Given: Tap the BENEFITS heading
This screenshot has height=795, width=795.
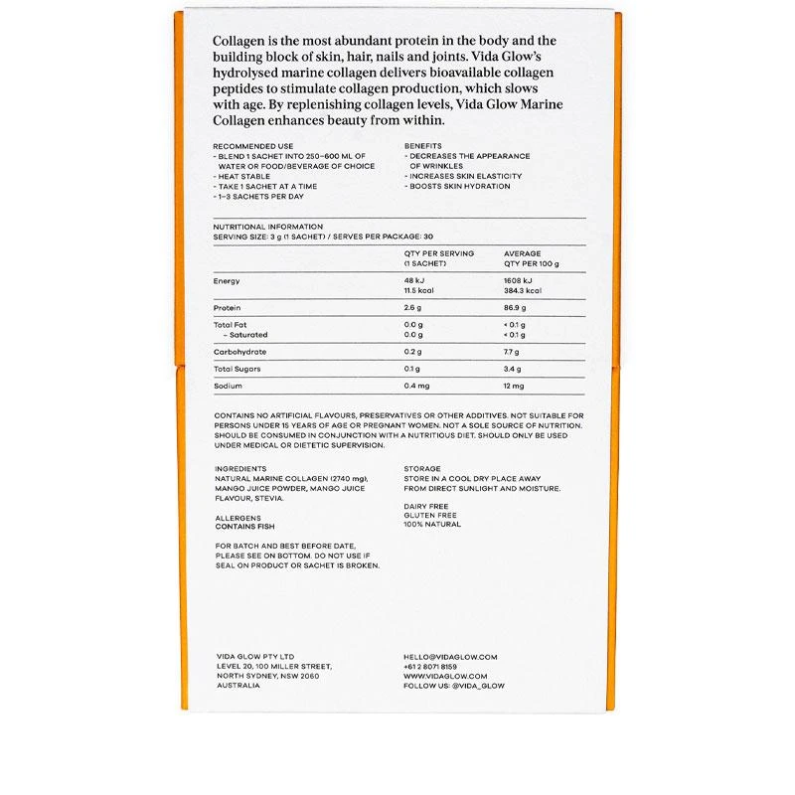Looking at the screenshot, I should [422, 146].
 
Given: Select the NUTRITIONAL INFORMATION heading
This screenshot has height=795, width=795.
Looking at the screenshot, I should [267, 227].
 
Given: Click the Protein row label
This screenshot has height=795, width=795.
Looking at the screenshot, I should [227, 308].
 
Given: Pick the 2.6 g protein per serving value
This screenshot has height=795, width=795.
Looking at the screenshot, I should [413, 308].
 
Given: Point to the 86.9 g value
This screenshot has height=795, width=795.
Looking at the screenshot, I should [515, 308].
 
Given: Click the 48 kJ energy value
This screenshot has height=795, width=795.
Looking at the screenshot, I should [413, 281].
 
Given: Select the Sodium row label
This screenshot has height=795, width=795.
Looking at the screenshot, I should [228, 386].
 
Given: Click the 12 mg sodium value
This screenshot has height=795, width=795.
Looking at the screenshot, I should [514, 386].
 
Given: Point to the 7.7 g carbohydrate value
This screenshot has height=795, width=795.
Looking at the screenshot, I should [512, 352].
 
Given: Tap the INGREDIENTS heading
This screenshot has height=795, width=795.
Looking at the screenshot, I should [240, 468].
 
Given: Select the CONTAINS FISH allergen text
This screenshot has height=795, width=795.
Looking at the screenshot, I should [244, 527].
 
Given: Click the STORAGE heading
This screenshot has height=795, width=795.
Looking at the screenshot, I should [422, 468].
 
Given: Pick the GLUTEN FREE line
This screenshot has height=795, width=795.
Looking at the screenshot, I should [430, 516].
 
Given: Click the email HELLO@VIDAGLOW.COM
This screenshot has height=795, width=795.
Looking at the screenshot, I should [450, 657].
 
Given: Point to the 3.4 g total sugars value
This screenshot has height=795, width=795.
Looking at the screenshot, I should [514, 369].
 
